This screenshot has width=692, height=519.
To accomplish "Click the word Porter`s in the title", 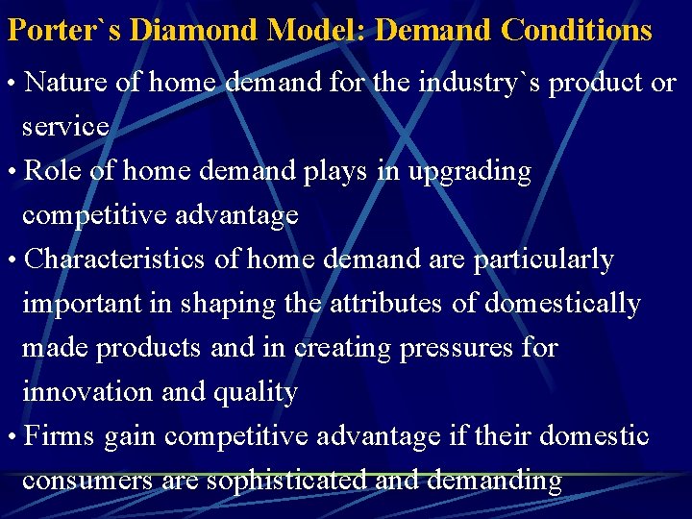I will point(64,30).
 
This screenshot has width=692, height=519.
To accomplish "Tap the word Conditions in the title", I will point(577,30).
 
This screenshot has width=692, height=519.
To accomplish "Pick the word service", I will point(65,127).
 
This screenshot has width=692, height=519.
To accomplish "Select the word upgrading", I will point(469,172).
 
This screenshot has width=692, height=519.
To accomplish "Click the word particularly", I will point(543,259).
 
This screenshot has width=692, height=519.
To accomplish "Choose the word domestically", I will point(562,304).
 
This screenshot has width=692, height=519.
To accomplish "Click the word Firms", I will point(60,436).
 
